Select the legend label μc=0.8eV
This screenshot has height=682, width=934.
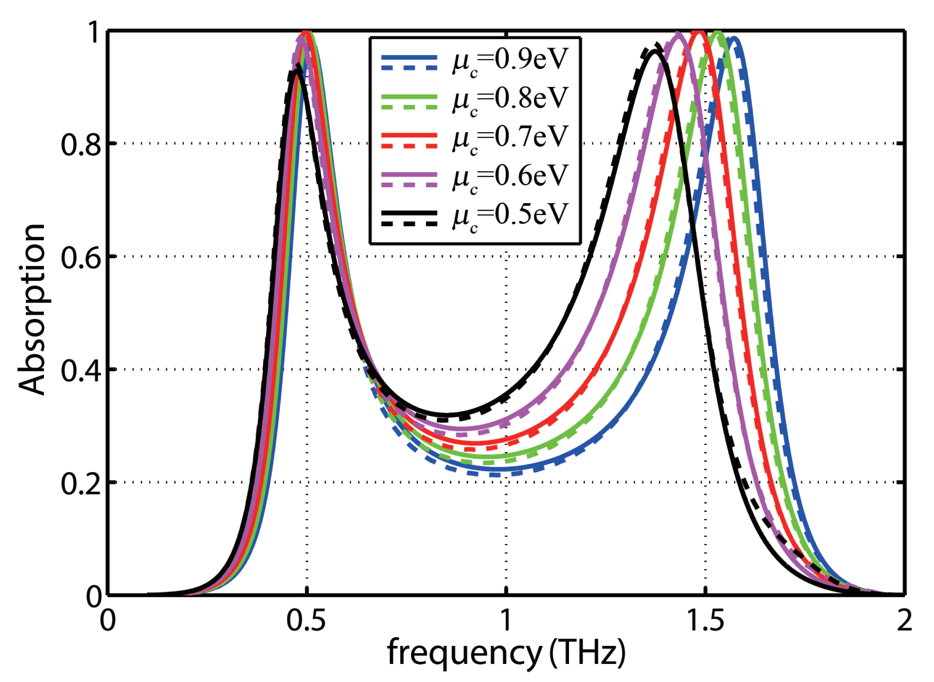[510, 100]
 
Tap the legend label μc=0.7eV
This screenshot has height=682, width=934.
[510, 139]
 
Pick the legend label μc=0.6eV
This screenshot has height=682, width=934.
[510, 178]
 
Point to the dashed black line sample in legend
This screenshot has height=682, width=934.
[409, 224]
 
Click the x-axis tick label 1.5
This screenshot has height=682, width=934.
[705, 621]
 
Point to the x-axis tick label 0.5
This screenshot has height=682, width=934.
[306, 621]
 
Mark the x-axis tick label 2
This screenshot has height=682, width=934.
[904, 621]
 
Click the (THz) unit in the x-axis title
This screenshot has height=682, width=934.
[587, 652]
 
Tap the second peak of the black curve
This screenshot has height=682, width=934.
[655, 51]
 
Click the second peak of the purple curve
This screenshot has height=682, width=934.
[678, 33]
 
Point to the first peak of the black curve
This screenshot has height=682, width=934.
[296, 71]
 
